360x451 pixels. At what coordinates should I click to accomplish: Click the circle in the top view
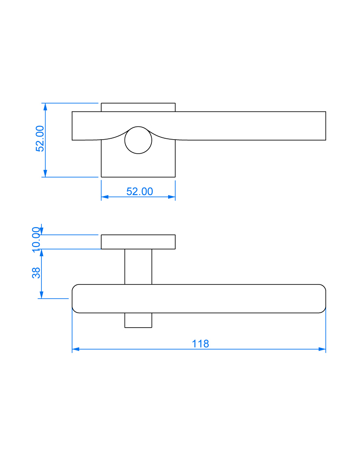tap(138, 140)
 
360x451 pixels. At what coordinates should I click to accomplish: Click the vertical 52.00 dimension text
tap(40, 139)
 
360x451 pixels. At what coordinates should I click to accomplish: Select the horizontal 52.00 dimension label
tap(140, 192)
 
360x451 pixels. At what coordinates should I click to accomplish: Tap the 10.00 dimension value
tap(36, 239)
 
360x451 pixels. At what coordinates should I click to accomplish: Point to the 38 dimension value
tap(36, 273)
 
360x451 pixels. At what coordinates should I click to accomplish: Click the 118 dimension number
tap(200, 344)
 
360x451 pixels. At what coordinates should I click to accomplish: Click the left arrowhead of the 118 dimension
tap(75, 349)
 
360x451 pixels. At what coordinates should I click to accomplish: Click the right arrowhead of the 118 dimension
tap(322, 349)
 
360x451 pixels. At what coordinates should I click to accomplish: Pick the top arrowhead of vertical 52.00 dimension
tap(44, 107)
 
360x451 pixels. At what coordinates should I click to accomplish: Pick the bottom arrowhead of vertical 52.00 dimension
tap(44, 174)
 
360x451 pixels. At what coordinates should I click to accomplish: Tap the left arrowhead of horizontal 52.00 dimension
tap(105, 197)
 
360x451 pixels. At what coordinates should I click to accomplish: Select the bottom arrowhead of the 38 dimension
tap(41, 295)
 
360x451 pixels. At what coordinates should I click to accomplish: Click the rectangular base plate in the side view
tap(138, 242)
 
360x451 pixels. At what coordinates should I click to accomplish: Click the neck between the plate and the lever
tap(138, 266)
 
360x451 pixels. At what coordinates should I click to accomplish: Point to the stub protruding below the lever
tap(138, 320)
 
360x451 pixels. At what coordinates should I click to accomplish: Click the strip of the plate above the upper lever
tap(138, 107)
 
